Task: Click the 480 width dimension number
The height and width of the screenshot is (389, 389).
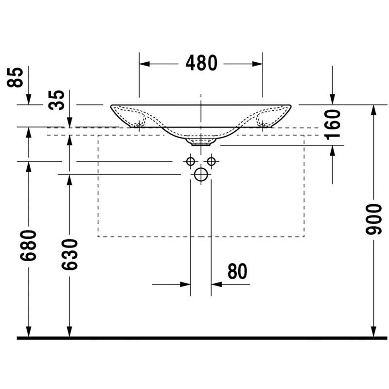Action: coord(201,63)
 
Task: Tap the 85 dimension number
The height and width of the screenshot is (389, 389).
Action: coord(15,77)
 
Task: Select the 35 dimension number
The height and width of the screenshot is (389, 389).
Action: coord(56,100)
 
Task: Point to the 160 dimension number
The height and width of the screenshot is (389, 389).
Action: coord(333,124)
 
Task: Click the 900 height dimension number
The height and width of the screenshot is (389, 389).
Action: coord(373,219)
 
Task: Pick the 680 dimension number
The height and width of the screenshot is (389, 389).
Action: coord(28,246)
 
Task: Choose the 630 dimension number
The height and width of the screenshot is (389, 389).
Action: coord(70,254)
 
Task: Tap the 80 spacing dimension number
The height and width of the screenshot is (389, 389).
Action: coord(237,271)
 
